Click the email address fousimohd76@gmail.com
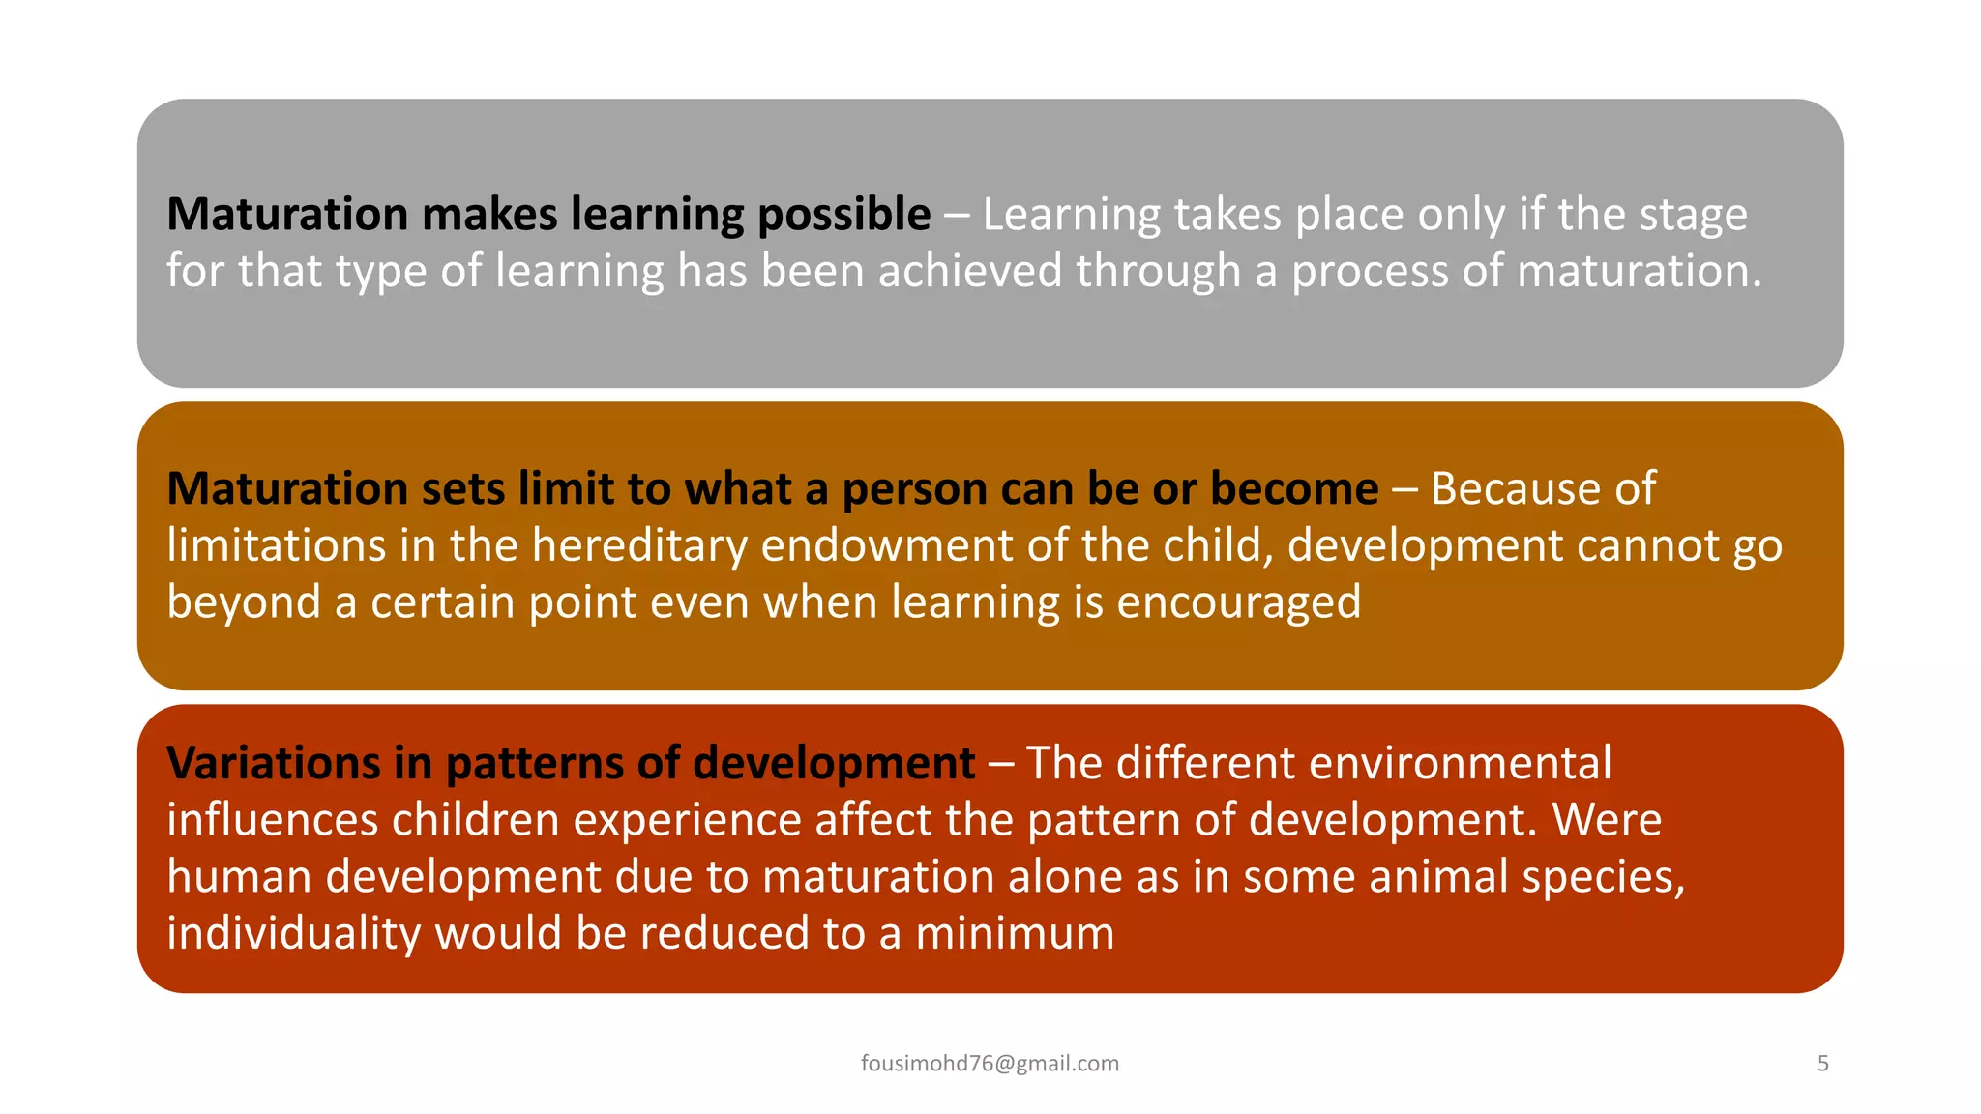tap(990, 1064)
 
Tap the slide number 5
tap(1822, 1064)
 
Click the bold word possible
tap(843, 215)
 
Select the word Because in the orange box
tap(1514, 488)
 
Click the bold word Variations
tap(274, 763)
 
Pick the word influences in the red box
tap(272, 820)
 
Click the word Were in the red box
tap(1607, 820)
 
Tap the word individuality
tap(293, 934)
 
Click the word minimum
tap(1015, 934)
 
